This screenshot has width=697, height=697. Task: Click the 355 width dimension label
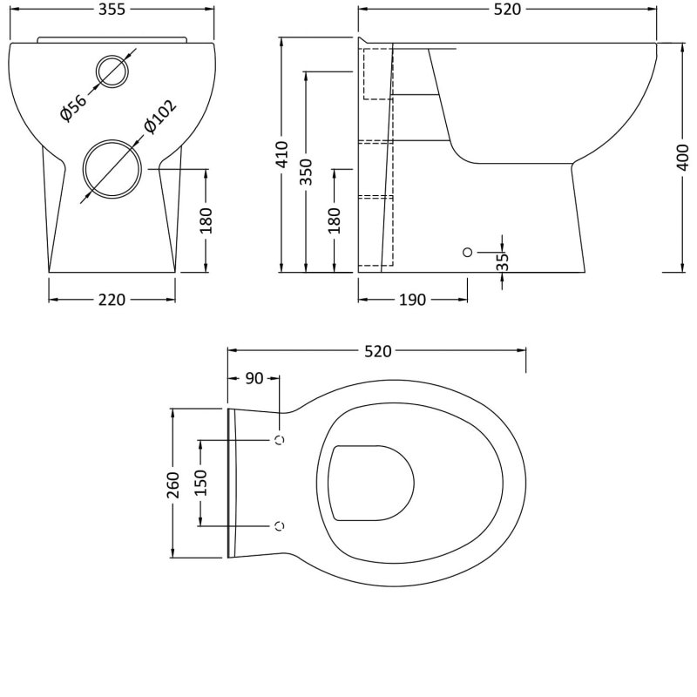112,10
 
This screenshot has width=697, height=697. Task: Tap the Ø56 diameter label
73,107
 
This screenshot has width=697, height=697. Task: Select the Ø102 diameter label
159,117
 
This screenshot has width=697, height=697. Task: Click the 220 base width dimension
112,300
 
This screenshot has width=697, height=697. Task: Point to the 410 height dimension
281,154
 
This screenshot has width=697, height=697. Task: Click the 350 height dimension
307,172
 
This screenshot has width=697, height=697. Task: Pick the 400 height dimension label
683,158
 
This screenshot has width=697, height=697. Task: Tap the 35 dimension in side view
503,261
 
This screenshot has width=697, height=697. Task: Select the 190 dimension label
412,300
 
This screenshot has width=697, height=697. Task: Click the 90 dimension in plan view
254,379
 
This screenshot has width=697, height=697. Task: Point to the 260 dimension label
173,484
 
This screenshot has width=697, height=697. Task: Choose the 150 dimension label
201,483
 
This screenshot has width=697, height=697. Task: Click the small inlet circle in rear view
112,71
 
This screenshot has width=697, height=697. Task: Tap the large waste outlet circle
112,169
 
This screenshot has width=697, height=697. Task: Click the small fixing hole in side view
467,252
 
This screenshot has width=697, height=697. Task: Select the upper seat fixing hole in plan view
280,440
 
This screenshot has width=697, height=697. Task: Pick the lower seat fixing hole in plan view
280,526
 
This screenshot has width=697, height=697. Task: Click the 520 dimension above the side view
507,10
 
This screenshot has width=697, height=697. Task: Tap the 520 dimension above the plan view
378,352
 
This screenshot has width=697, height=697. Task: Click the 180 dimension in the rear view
206,220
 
